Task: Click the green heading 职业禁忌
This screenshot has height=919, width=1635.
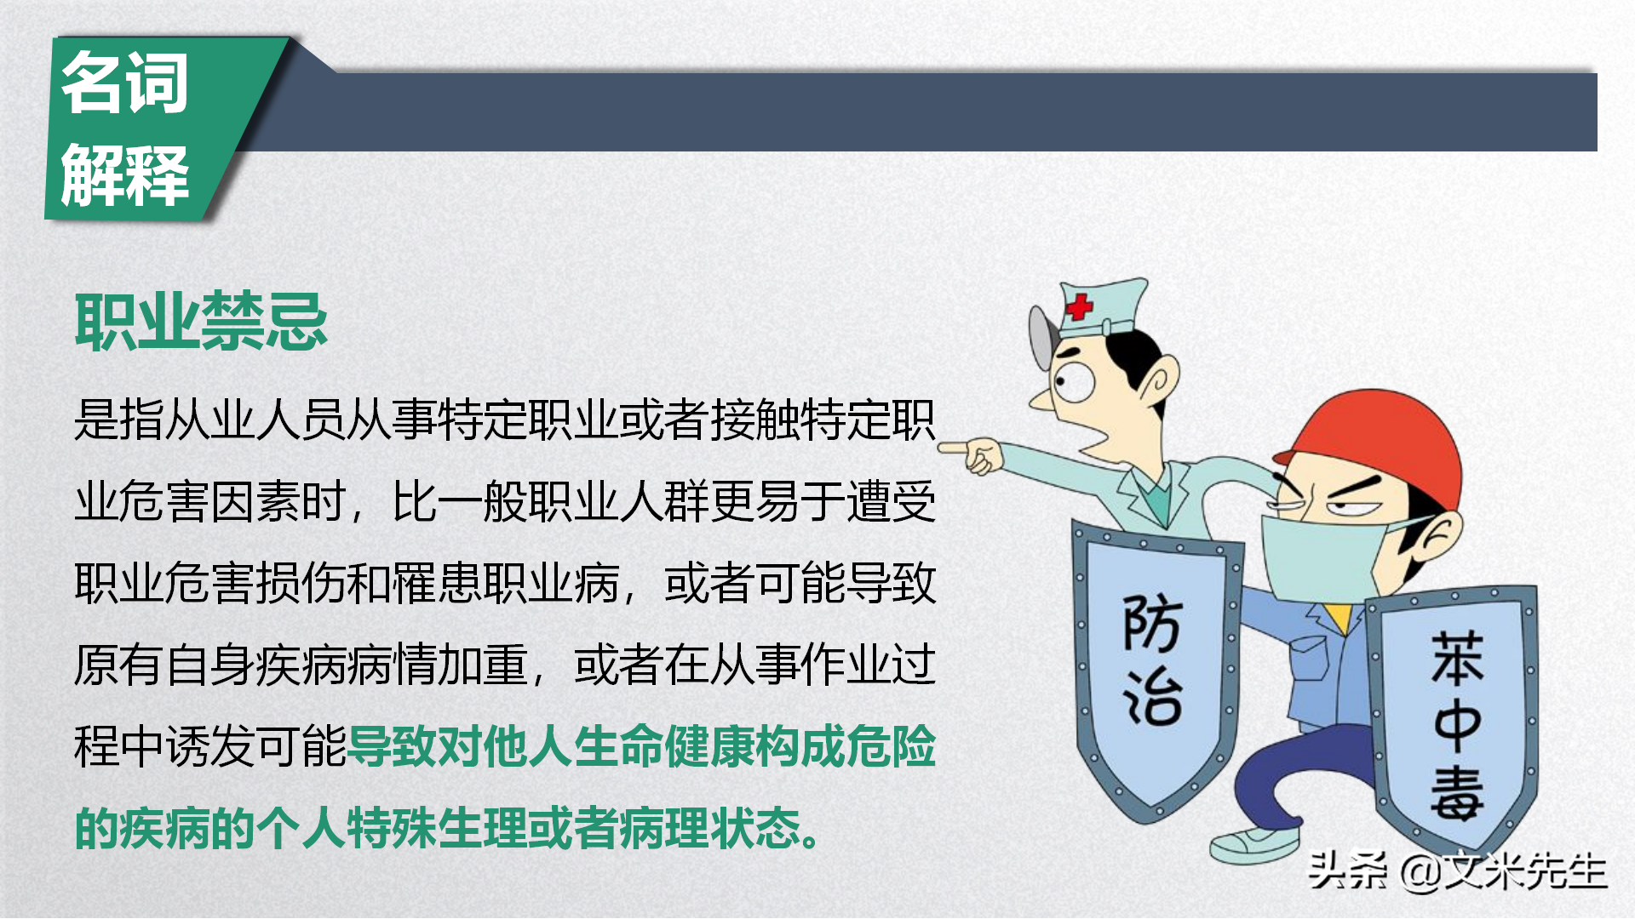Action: click(x=201, y=322)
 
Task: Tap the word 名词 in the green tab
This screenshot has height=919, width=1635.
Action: click(x=124, y=83)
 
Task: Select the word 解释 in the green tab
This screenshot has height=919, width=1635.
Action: click(x=124, y=174)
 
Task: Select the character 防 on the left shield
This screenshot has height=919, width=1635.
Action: click(x=1151, y=624)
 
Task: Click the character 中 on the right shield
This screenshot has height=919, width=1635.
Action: click(x=1456, y=725)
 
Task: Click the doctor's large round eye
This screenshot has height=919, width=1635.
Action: click(x=1075, y=380)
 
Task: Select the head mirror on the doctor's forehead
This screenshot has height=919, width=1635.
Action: click(x=1042, y=336)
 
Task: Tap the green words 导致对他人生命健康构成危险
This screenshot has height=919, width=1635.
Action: click(x=642, y=746)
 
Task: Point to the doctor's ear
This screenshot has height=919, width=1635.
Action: click(x=1158, y=379)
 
